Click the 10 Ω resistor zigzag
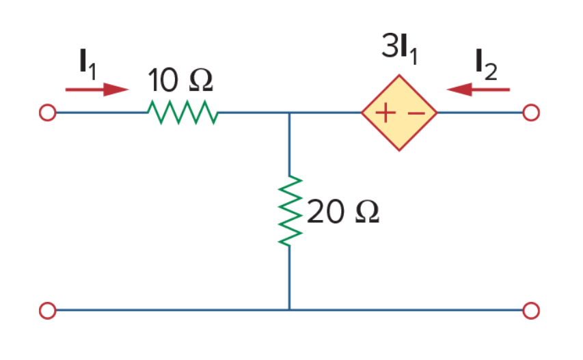coord(182,112)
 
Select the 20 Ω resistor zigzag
coord(290,210)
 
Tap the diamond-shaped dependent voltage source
coord(399,113)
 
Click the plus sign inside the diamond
coord(385,113)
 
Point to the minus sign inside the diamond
coord(416,113)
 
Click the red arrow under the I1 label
coord(97,89)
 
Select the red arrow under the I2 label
coord(478,89)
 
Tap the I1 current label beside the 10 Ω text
coord(88,65)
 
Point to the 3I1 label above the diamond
coord(400,49)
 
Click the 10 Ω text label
coord(180,80)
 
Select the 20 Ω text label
coord(343,211)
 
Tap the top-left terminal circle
coord(48,113)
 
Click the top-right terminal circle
coord(531,113)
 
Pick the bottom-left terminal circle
coord(48,311)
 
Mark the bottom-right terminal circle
coord(531,311)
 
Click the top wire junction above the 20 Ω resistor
coord(290,113)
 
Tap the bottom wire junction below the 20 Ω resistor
coord(290,310)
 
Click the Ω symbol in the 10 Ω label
coord(201,80)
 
